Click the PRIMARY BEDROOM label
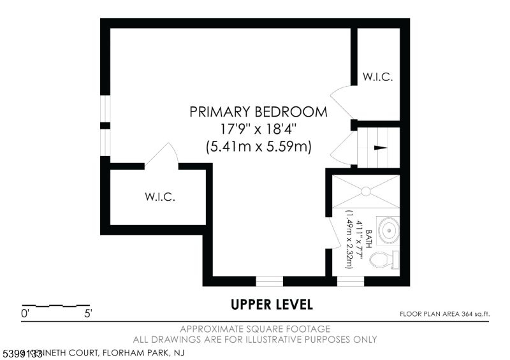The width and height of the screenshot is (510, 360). pyautogui.click(x=258, y=112)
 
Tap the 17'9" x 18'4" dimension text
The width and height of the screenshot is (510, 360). pyautogui.click(x=258, y=129)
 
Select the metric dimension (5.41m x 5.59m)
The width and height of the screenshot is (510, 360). pyautogui.click(x=258, y=146)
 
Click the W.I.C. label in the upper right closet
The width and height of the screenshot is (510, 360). pyautogui.click(x=377, y=77)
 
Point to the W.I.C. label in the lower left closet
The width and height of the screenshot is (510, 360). pyautogui.click(x=159, y=197)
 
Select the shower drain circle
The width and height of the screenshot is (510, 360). pyautogui.click(x=367, y=190)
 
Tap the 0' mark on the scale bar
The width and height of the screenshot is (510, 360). pyautogui.click(x=25, y=313)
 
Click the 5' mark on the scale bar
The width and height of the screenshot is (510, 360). pyautogui.click(x=88, y=313)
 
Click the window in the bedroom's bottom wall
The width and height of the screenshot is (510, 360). pyautogui.click(x=270, y=280)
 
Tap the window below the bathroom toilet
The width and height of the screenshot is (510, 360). pyautogui.click(x=350, y=280)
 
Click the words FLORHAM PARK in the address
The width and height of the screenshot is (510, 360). pyautogui.click(x=134, y=352)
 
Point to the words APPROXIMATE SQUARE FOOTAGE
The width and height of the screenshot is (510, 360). pyautogui.click(x=255, y=329)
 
